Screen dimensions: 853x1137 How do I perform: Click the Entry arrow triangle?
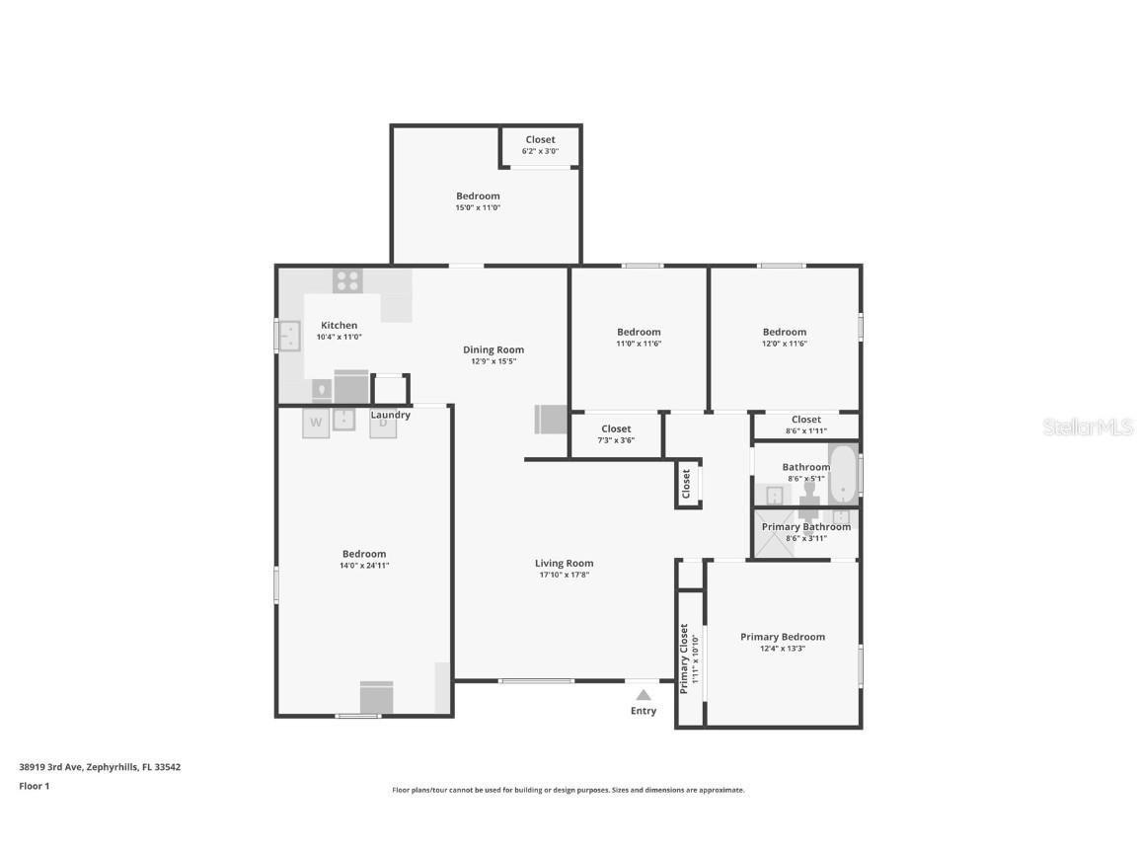point(644,695)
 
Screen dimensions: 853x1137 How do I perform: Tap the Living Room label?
point(565,564)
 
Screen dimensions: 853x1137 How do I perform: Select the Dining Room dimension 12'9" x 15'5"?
point(493,361)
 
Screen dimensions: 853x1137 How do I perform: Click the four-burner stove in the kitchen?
point(347,280)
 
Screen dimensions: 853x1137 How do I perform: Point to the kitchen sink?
point(289,336)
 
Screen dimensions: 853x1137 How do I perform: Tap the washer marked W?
point(316,423)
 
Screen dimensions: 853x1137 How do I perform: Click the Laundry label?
point(391,415)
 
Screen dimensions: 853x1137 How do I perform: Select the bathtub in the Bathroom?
point(842,475)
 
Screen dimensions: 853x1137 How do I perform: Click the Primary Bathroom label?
point(805,527)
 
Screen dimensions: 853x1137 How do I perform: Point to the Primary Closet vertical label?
point(683,659)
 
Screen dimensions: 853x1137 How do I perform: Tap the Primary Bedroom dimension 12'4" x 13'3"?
point(783,649)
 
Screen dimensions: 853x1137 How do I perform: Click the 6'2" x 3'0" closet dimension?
point(540,151)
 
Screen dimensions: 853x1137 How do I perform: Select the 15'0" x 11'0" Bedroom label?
point(478,196)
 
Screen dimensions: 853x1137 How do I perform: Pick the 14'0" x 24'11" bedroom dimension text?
point(364,566)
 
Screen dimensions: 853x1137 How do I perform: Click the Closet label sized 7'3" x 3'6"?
point(616,428)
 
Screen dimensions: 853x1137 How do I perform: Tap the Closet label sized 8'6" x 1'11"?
point(805,420)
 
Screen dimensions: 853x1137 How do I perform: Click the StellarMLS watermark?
point(1088,426)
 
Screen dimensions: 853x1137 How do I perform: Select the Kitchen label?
point(339,325)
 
